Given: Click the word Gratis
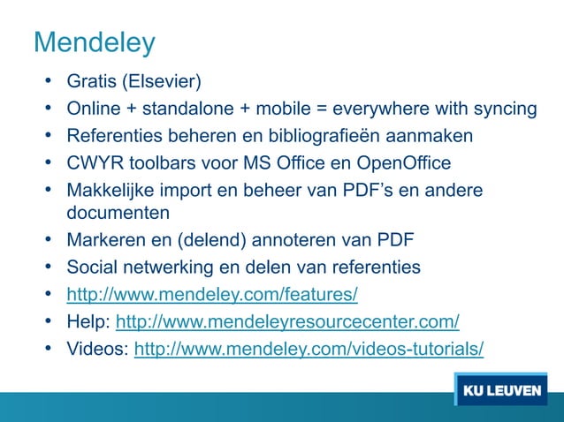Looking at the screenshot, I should coord(93,83).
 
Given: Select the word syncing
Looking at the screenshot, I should coord(503,109).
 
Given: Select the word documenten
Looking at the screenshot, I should coord(118,212).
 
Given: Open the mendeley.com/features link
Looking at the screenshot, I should coord(212,293).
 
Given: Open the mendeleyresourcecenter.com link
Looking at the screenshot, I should coord(287,320).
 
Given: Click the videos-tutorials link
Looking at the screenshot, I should coord(308,348).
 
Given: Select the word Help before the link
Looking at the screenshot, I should coord(87,320).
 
